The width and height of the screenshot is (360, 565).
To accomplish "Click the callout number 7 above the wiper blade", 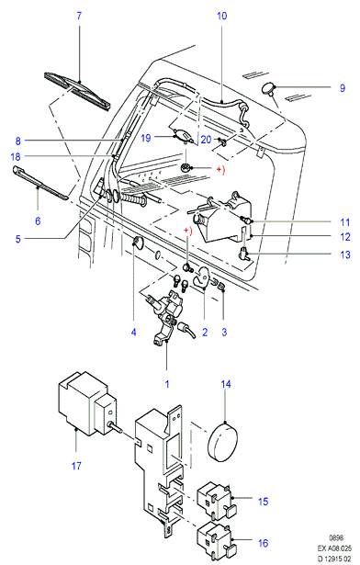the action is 79,16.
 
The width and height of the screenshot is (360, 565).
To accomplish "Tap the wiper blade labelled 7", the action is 77,90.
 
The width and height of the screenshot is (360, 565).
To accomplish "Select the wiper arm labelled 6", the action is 40,182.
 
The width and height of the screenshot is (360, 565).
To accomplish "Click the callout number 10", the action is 222,16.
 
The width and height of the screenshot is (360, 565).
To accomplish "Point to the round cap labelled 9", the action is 268,88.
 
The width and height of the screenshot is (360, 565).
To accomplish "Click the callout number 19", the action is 145,138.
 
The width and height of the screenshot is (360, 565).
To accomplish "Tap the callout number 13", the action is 345,254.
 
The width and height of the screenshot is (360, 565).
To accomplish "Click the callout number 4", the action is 133,332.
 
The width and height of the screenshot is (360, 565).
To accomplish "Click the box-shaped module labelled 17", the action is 87,403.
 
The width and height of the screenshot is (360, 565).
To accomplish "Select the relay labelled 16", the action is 215,540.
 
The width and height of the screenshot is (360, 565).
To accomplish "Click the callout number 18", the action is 16,157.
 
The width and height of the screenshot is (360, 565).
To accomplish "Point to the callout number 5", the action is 18,239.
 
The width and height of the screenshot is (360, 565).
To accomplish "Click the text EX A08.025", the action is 334,548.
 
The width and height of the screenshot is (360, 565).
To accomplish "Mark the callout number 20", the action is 206,139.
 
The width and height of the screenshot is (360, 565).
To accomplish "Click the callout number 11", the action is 345,222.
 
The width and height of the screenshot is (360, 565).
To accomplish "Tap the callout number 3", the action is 224,332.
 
